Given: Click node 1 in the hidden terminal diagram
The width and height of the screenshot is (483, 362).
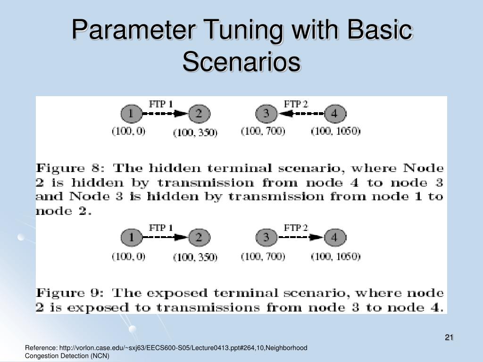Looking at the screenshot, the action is [x=132, y=114].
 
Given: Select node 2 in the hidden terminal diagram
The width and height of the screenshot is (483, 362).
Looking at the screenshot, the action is [x=199, y=114].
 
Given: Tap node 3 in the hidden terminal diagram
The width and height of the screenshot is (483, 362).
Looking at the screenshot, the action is [x=266, y=114].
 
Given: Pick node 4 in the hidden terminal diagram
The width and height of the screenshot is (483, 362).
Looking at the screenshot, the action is [x=334, y=114].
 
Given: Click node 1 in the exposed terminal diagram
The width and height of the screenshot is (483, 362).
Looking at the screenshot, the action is [x=132, y=238].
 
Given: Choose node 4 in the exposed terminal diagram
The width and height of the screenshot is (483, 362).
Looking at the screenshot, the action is [x=334, y=238].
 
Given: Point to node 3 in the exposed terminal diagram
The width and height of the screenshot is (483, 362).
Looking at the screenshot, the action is [x=266, y=238].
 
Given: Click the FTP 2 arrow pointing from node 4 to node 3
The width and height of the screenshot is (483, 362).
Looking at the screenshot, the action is [x=300, y=114].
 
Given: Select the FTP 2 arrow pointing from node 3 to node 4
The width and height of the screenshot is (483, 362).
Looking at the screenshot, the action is [x=300, y=238].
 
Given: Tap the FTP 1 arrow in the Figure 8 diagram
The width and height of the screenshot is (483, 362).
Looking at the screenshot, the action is [x=165, y=114].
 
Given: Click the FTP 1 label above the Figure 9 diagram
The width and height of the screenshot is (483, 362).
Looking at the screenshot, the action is [x=161, y=228].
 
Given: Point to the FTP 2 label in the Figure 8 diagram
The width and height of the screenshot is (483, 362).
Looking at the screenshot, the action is [x=296, y=104].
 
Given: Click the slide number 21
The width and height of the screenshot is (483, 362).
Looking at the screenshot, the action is [x=449, y=337].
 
